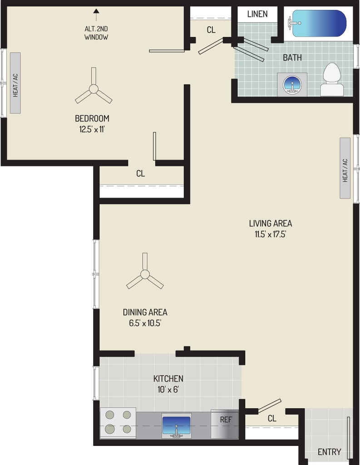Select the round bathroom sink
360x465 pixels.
292,84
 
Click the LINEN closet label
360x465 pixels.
257,14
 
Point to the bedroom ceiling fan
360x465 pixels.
94,89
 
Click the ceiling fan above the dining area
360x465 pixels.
145,274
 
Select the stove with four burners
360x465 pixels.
118,423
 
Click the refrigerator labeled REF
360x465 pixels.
225,424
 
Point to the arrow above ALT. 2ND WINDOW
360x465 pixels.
96,15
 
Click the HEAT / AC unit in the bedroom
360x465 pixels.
15,83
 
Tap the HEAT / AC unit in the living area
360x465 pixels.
345,168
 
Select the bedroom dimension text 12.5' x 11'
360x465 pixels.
92,129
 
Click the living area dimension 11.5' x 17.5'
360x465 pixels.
270,234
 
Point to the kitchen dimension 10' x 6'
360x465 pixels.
168,389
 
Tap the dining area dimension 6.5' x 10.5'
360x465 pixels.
145,323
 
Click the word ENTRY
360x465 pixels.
329,452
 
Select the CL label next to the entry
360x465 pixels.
272,418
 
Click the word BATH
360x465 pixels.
292,58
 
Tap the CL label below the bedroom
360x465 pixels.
141,173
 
